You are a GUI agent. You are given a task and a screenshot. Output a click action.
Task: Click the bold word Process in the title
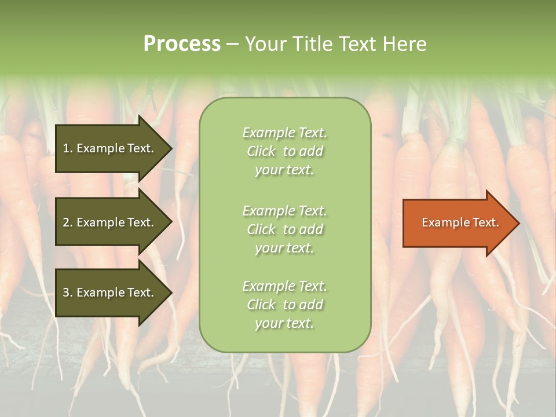(182, 44)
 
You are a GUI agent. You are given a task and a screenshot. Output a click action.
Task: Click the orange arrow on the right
(458, 223)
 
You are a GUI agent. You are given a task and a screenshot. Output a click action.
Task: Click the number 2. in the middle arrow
(68, 222)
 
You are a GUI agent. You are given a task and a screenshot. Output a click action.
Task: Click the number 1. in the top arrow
(68, 149)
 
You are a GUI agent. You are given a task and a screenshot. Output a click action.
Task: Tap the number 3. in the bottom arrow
(68, 292)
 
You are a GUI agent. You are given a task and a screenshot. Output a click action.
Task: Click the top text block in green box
(284, 151)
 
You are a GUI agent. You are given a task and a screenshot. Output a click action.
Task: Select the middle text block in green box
(284, 229)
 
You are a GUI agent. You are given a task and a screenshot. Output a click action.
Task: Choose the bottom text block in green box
(284, 305)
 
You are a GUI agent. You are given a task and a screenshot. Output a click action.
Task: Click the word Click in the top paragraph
(261, 152)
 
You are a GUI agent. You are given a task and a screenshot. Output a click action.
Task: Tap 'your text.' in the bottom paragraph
(284, 324)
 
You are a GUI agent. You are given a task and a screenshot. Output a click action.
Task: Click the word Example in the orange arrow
(441, 222)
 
